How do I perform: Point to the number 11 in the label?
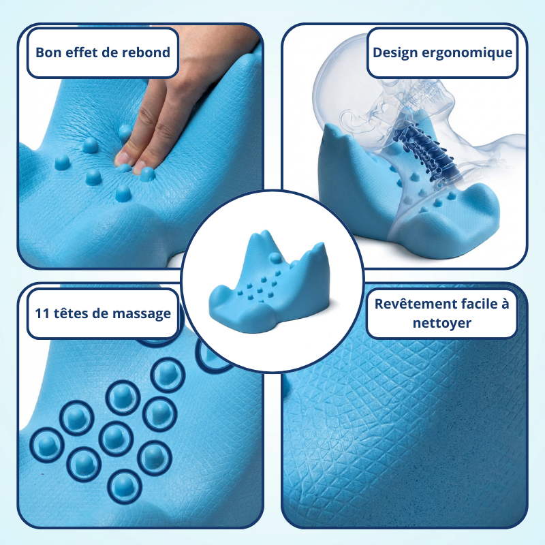(x=42, y=313)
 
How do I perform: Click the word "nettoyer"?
(x=441, y=323)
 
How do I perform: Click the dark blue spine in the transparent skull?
(x=425, y=154)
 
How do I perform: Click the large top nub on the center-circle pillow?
(x=275, y=258)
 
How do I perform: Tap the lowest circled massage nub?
(x=125, y=486)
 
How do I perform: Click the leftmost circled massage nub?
(x=47, y=446)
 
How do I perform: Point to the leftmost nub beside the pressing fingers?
(x=62, y=162)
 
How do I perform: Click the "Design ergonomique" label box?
(x=442, y=53)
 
